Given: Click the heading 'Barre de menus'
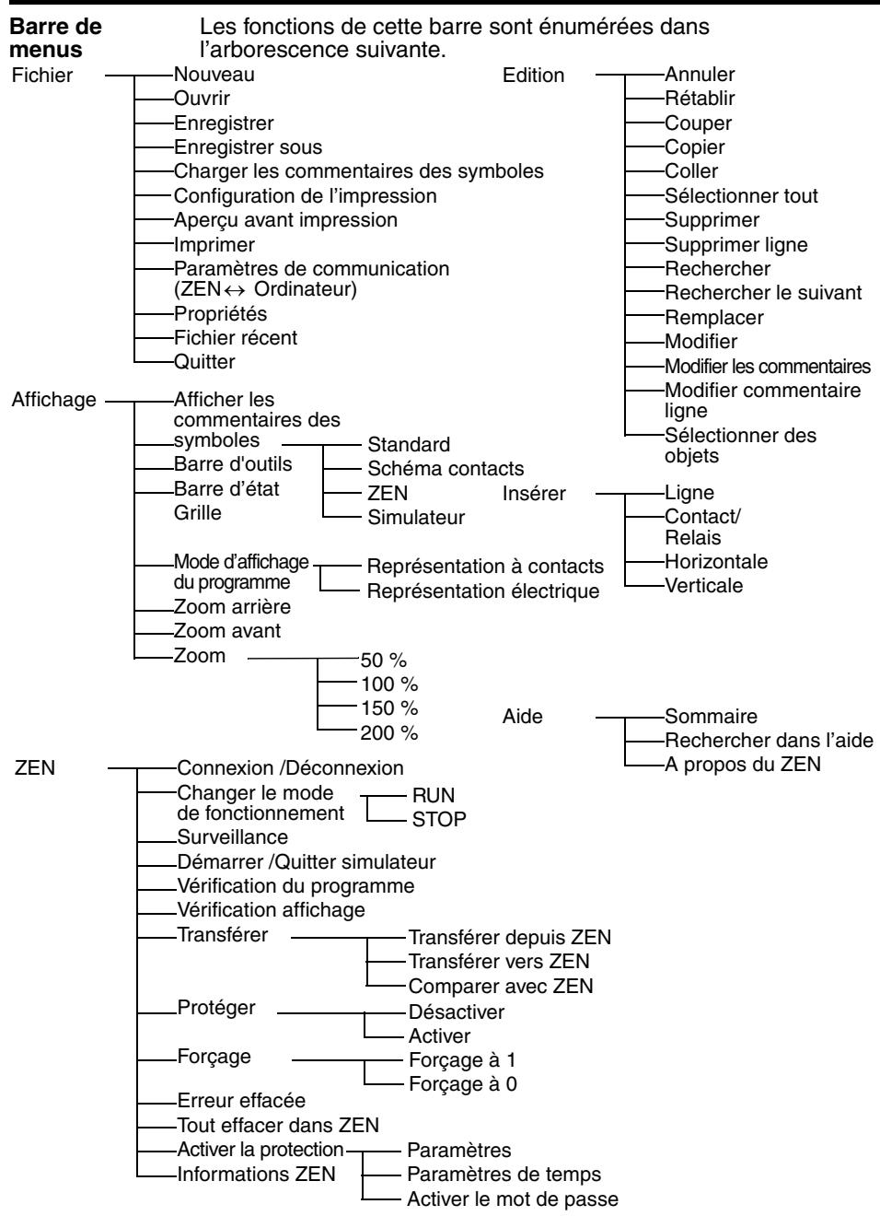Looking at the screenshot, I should click(x=55, y=38).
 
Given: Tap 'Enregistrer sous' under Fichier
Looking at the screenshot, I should click(x=248, y=147).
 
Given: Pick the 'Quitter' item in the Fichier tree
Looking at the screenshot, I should click(x=204, y=362).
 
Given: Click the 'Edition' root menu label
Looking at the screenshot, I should click(x=533, y=76).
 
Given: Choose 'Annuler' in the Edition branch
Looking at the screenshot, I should click(x=700, y=76).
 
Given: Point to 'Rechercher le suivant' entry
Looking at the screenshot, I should click(x=763, y=293).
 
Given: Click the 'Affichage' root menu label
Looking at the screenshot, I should click(x=54, y=402).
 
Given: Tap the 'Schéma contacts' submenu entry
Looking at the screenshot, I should click(x=446, y=469).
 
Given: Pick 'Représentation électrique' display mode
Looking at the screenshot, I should click(x=483, y=590).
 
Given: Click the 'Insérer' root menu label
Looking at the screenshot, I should click(x=534, y=494).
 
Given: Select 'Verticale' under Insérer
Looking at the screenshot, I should click(x=703, y=586).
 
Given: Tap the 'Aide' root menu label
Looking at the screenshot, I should click(x=523, y=718).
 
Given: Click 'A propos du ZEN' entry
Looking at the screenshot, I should click(x=742, y=765).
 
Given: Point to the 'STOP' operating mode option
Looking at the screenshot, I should click(x=439, y=819).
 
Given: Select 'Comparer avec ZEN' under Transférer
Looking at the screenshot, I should click(x=501, y=987).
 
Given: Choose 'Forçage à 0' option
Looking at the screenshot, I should click(x=462, y=1084).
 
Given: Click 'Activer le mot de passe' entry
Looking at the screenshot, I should click(x=513, y=1199).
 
